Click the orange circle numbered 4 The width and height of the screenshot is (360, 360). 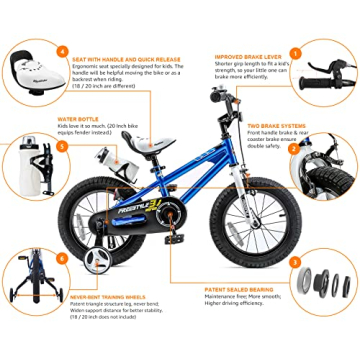pos(61,52)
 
